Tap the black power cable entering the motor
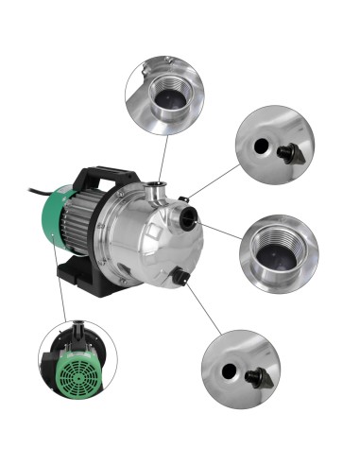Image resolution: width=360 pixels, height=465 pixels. click(42, 195)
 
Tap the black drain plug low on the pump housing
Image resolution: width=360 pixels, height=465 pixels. click(179, 276)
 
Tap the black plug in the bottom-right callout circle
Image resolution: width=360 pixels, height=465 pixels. click(255, 379)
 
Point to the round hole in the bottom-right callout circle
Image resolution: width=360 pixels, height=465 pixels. click(225, 370)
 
